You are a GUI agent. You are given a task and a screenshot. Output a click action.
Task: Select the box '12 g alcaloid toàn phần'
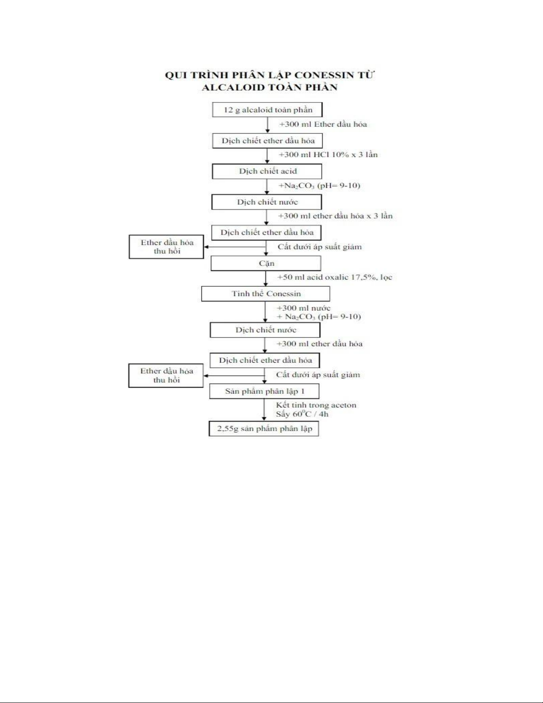coord(267,110)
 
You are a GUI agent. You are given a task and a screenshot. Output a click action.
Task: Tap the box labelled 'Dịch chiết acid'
coord(267,171)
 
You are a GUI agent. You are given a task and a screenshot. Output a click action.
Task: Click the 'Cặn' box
coord(266,263)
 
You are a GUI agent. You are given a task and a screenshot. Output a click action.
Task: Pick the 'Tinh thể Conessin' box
coord(266,294)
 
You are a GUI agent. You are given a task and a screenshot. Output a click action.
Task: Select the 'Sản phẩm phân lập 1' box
coord(265,391)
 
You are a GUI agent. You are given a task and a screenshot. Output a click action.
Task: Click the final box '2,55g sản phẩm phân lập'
coord(264,428)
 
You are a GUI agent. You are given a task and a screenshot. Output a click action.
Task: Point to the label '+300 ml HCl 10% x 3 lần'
coord(328,155)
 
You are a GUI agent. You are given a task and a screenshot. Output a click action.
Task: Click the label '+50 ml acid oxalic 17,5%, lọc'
coord(335,277)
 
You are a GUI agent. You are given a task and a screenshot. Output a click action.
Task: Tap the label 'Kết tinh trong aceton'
coord(316,405)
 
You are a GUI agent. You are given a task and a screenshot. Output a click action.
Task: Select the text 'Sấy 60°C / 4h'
coord(302,414)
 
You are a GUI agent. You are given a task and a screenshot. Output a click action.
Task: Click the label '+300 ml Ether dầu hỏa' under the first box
coord(323,124)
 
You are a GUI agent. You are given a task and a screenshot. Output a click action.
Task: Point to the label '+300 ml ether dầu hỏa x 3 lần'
coord(335,216)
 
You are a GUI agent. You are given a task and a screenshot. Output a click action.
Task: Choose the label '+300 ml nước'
coord(304,308)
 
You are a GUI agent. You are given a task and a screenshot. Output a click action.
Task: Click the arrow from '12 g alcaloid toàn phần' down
coord(267,125)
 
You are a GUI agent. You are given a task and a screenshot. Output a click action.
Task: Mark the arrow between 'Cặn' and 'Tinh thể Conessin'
coord(266,279)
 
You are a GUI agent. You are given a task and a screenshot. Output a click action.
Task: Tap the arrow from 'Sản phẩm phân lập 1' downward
coord(264,410)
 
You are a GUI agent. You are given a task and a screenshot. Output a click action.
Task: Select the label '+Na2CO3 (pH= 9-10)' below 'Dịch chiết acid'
coord(319,185)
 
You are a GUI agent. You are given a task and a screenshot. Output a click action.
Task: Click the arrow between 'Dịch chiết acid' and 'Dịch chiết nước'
coord(267,186)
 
